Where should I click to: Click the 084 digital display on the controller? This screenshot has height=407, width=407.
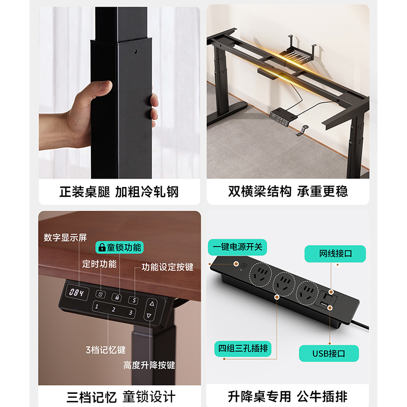pyautogui.click(x=77, y=293)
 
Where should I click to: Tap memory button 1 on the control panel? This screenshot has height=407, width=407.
pyautogui.click(x=97, y=307)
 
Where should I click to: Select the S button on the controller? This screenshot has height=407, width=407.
pyautogui.click(x=134, y=301)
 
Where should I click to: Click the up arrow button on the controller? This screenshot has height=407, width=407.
pyautogui.click(x=152, y=303)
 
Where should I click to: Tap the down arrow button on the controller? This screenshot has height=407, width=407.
pyautogui.click(x=149, y=315)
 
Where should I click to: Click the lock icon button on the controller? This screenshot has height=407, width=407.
pyautogui.click(x=117, y=298)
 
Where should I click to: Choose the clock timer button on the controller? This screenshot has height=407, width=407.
pyautogui.click(x=101, y=295)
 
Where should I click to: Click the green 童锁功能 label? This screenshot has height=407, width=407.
pyautogui.click(x=120, y=247)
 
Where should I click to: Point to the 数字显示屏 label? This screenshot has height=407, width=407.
pyautogui.click(x=65, y=238)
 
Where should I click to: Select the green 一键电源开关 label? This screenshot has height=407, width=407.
pyautogui.click(x=237, y=247)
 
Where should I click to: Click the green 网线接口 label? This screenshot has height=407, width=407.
pyautogui.click(x=335, y=253)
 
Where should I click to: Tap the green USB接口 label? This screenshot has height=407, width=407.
pyautogui.click(x=329, y=354)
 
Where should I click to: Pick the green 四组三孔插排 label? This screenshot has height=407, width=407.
pyautogui.click(x=243, y=348)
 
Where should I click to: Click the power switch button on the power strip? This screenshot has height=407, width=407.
pyautogui.click(x=244, y=266)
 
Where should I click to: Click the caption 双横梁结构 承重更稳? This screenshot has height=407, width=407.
pyautogui.click(x=288, y=192)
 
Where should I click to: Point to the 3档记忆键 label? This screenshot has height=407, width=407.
pyautogui.click(x=106, y=350)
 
